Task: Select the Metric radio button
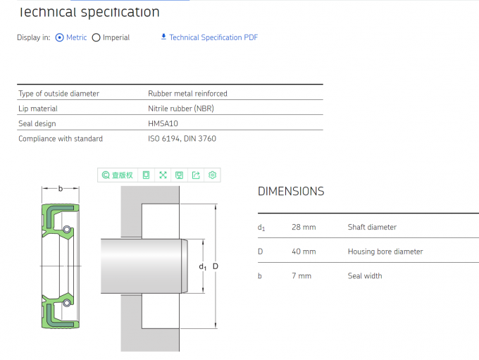tap(59, 37)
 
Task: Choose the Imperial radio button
tap(97, 37)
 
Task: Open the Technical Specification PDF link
tap(213, 37)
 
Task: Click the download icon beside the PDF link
tap(163, 37)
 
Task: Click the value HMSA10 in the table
tap(163, 124)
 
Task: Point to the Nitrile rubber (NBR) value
tap(180, 108)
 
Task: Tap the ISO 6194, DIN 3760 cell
tap(182, 139)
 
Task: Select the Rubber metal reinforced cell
tap(187, 93)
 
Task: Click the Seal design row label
tap(37, 124)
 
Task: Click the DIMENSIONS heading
tap(291, 191)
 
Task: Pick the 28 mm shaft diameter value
tap(304, 228)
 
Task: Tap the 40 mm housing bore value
tap(304, 252)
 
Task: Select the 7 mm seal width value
tap(301, 276)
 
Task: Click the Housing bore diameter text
tap(385, 252)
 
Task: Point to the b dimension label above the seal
tap(60, 188)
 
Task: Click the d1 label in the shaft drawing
tap(203, 266)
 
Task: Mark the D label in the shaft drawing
tap(215, 266)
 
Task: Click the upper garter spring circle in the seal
tap(66, 230)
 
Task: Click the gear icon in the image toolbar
tap(213, 175)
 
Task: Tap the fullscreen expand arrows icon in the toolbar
tap(163, 175)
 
